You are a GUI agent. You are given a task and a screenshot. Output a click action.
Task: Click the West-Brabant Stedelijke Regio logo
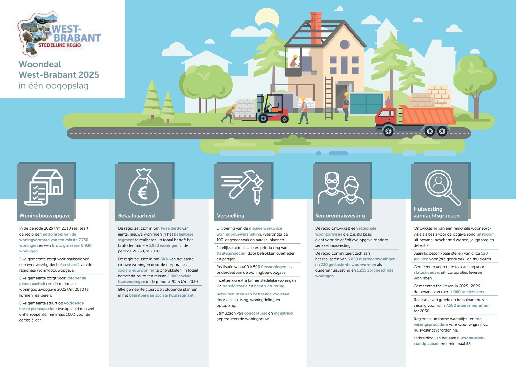(x=59, y=34)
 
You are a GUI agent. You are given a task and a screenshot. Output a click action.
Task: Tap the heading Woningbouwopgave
(x=45, y=216)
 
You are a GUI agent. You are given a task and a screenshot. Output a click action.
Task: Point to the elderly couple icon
(x=341, y=188)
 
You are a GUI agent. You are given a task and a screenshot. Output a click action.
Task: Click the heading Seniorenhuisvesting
(x=340, y=216)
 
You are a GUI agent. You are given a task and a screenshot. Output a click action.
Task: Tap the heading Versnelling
(x=231, y=216)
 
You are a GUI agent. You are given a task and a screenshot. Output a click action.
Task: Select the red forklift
(x=272, y=109)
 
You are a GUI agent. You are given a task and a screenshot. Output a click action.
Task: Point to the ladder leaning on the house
(x=328, y=98)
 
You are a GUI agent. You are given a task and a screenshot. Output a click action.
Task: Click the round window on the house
(x=344, y=44)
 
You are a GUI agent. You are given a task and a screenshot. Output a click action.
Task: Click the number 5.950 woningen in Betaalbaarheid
(x=163, y=245)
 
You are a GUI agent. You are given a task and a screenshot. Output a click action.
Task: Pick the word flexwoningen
(x=274, y=267)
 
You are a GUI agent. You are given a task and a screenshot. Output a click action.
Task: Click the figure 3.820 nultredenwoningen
(x=371, y=259)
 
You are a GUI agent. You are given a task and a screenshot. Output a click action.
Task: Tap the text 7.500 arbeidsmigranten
(x=468, y=305)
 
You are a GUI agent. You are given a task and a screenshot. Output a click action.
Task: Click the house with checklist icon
(x=44, y=187)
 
